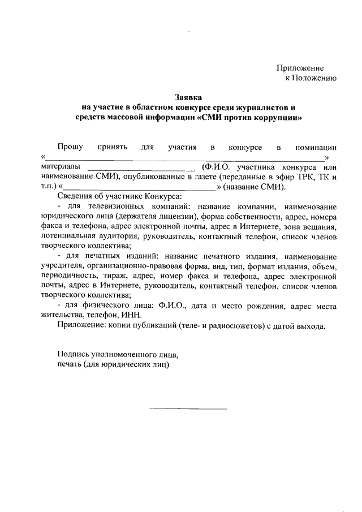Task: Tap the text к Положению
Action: click(x=311, y=78)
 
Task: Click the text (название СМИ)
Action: click(x=255, y=187)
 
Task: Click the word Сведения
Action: click(x=74, y=197)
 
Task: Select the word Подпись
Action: click(x=72, y=355)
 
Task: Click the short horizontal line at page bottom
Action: click(x=188, y=408)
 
